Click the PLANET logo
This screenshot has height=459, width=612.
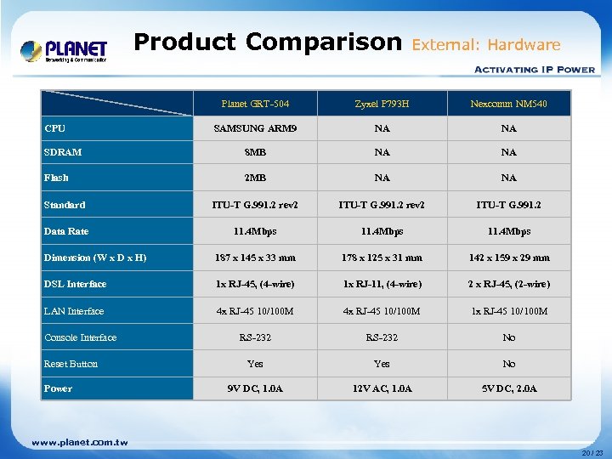(x=65, y=51)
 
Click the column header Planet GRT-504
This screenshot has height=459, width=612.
(x=255, y=104)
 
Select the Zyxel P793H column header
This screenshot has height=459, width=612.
(x=382, y=104)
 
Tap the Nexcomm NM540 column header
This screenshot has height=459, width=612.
(x=508, y=104)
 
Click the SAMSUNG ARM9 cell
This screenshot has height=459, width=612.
(x=255, y=128)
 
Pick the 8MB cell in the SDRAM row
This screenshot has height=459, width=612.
(x=255, y=153)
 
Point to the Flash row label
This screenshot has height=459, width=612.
(x=57, y=178)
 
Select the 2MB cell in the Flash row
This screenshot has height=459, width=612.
(x=255, y=178)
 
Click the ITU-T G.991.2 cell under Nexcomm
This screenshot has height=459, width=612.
(x=508, y=205)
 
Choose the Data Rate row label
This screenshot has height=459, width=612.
(x=66, y=231)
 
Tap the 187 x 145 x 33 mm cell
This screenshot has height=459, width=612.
(x=255, y=258)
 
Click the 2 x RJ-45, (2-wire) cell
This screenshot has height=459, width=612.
(x=508, y=284)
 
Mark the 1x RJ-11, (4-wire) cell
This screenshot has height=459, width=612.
(x=382, y=284)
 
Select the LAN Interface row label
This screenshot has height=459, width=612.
(x=74, y=311)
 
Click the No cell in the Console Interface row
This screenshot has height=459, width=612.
(x=508, y=337)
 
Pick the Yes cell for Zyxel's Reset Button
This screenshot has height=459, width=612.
(x=382, y=364)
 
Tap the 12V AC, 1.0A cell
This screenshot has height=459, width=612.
(x=382, y=388)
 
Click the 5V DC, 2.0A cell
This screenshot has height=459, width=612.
(x=508, y=388)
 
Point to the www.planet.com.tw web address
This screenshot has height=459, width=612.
(x=80, y=442)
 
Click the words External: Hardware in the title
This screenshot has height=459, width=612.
(x=486, y=45)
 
